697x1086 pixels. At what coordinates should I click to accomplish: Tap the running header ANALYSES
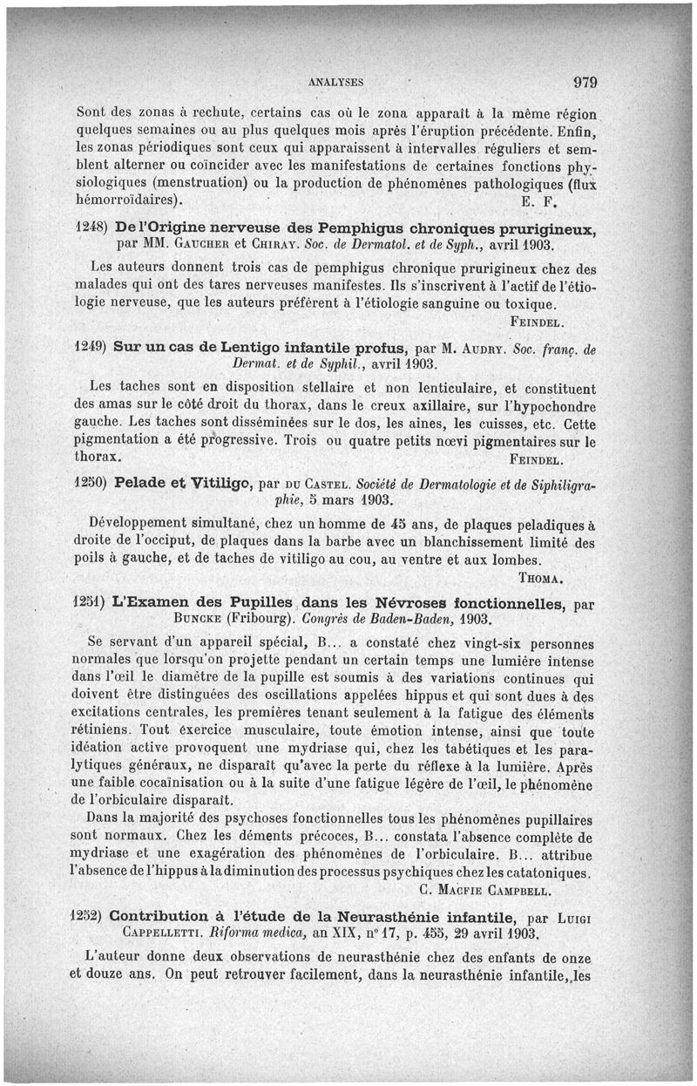coord(335,84)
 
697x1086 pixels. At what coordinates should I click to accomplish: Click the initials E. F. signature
coord(540,202)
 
